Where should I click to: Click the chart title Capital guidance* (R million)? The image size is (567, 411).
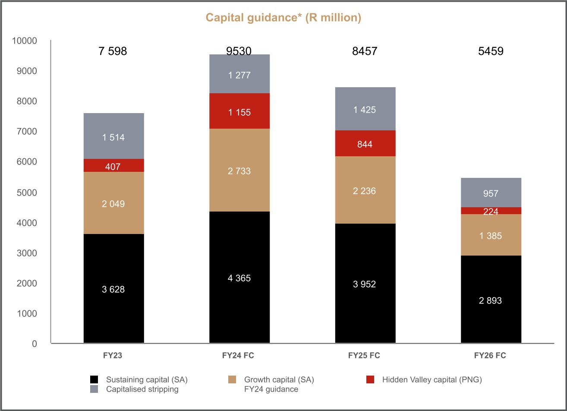(283, 18)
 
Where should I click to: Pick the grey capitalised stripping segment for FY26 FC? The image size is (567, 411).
(491, 193)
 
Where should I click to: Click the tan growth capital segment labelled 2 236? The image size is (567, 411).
(365, 190)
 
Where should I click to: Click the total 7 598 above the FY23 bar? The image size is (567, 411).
(113, 51)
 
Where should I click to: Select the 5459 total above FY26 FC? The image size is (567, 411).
(491, 51)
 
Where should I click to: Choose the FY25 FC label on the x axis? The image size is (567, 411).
(365, 357)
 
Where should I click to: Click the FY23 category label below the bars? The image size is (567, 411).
(113, 357)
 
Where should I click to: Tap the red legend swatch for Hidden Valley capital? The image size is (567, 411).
(370, 380)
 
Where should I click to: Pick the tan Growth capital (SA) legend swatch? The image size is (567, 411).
(232, 380)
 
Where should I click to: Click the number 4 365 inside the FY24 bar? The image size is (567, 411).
(239, 278)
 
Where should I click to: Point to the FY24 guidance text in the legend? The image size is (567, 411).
(271, 389)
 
